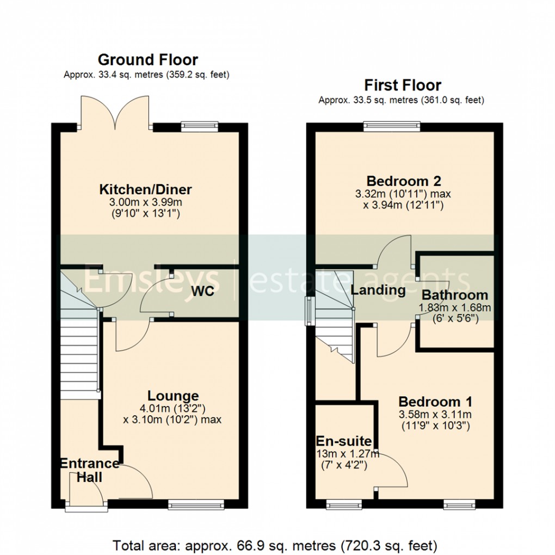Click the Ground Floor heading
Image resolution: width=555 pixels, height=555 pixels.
click(147, 59)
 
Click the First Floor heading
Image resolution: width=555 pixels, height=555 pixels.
click(402, 85)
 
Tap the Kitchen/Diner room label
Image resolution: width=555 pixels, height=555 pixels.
click(145, 190)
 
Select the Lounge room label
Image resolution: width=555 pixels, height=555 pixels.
click(173, 396)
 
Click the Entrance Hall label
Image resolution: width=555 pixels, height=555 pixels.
click(89, 470)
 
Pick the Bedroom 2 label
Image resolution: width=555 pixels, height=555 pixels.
click(403, 181)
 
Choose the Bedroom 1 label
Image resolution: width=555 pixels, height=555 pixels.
click(435, 402)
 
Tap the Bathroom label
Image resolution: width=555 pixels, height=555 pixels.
click(455, 296)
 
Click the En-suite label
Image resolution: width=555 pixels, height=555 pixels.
click(344, 441)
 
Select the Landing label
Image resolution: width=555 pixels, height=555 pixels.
click(378, 290)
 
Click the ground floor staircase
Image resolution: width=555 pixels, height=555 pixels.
click(79, 359)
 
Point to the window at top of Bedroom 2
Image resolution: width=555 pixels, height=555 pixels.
click(392, 127)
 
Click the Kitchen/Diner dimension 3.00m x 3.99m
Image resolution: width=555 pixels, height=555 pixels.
click(145, 202)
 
